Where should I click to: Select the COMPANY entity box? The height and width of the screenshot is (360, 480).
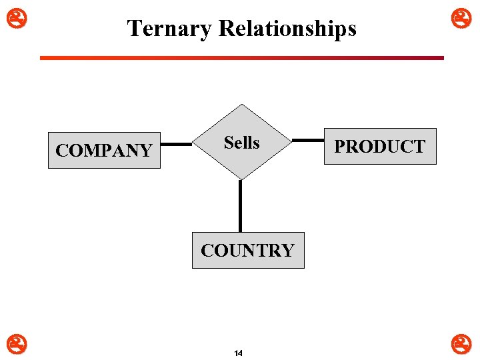pyautogui.click(x=104, y=150)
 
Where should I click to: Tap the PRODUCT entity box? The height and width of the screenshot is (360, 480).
pyautogui.click(x=379, y=147)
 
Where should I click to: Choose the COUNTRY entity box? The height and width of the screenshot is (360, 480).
pyautogui.click(x=247, y=250)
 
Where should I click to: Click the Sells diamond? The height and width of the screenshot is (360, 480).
pyautogui.click(x=241, y=160)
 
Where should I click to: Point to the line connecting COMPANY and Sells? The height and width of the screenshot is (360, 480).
pyautogui.click(x=177, y=143)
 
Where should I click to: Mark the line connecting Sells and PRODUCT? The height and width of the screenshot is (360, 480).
pyautogui.click(x=309, y=140)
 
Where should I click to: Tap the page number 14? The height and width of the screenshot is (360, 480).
pyautogui.click(x=239, y=353)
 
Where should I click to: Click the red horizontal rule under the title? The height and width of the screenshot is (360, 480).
pyautogui.click(x=241, y=58)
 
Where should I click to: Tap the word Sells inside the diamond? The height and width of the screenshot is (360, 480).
pyautogui.click(x=241, y=143)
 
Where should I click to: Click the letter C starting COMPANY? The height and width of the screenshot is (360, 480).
pyautogui.click(x=62, y=151)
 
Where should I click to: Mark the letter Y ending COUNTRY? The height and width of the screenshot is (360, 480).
pyautogui.click(x=287, y=251)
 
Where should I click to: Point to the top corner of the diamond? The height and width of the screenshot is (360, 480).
pyautogui.click(x=241, y=105)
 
